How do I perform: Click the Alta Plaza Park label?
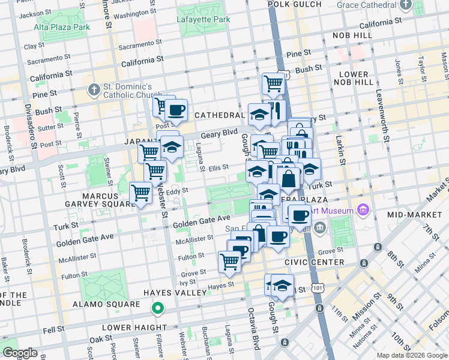click(x=62, y=27)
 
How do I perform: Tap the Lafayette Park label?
click(x=203, y=19)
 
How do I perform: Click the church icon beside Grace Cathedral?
click(x=406, y=5)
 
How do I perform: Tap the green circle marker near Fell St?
click(x=158, y=309)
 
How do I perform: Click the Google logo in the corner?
click(x=20, y=352)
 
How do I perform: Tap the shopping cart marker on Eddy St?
click(x=141, y=193)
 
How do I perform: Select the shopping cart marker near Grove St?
click(x=229, y=262)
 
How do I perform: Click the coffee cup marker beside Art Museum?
click(x=299, y=214)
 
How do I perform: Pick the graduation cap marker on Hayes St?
click(x=282, y=284)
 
